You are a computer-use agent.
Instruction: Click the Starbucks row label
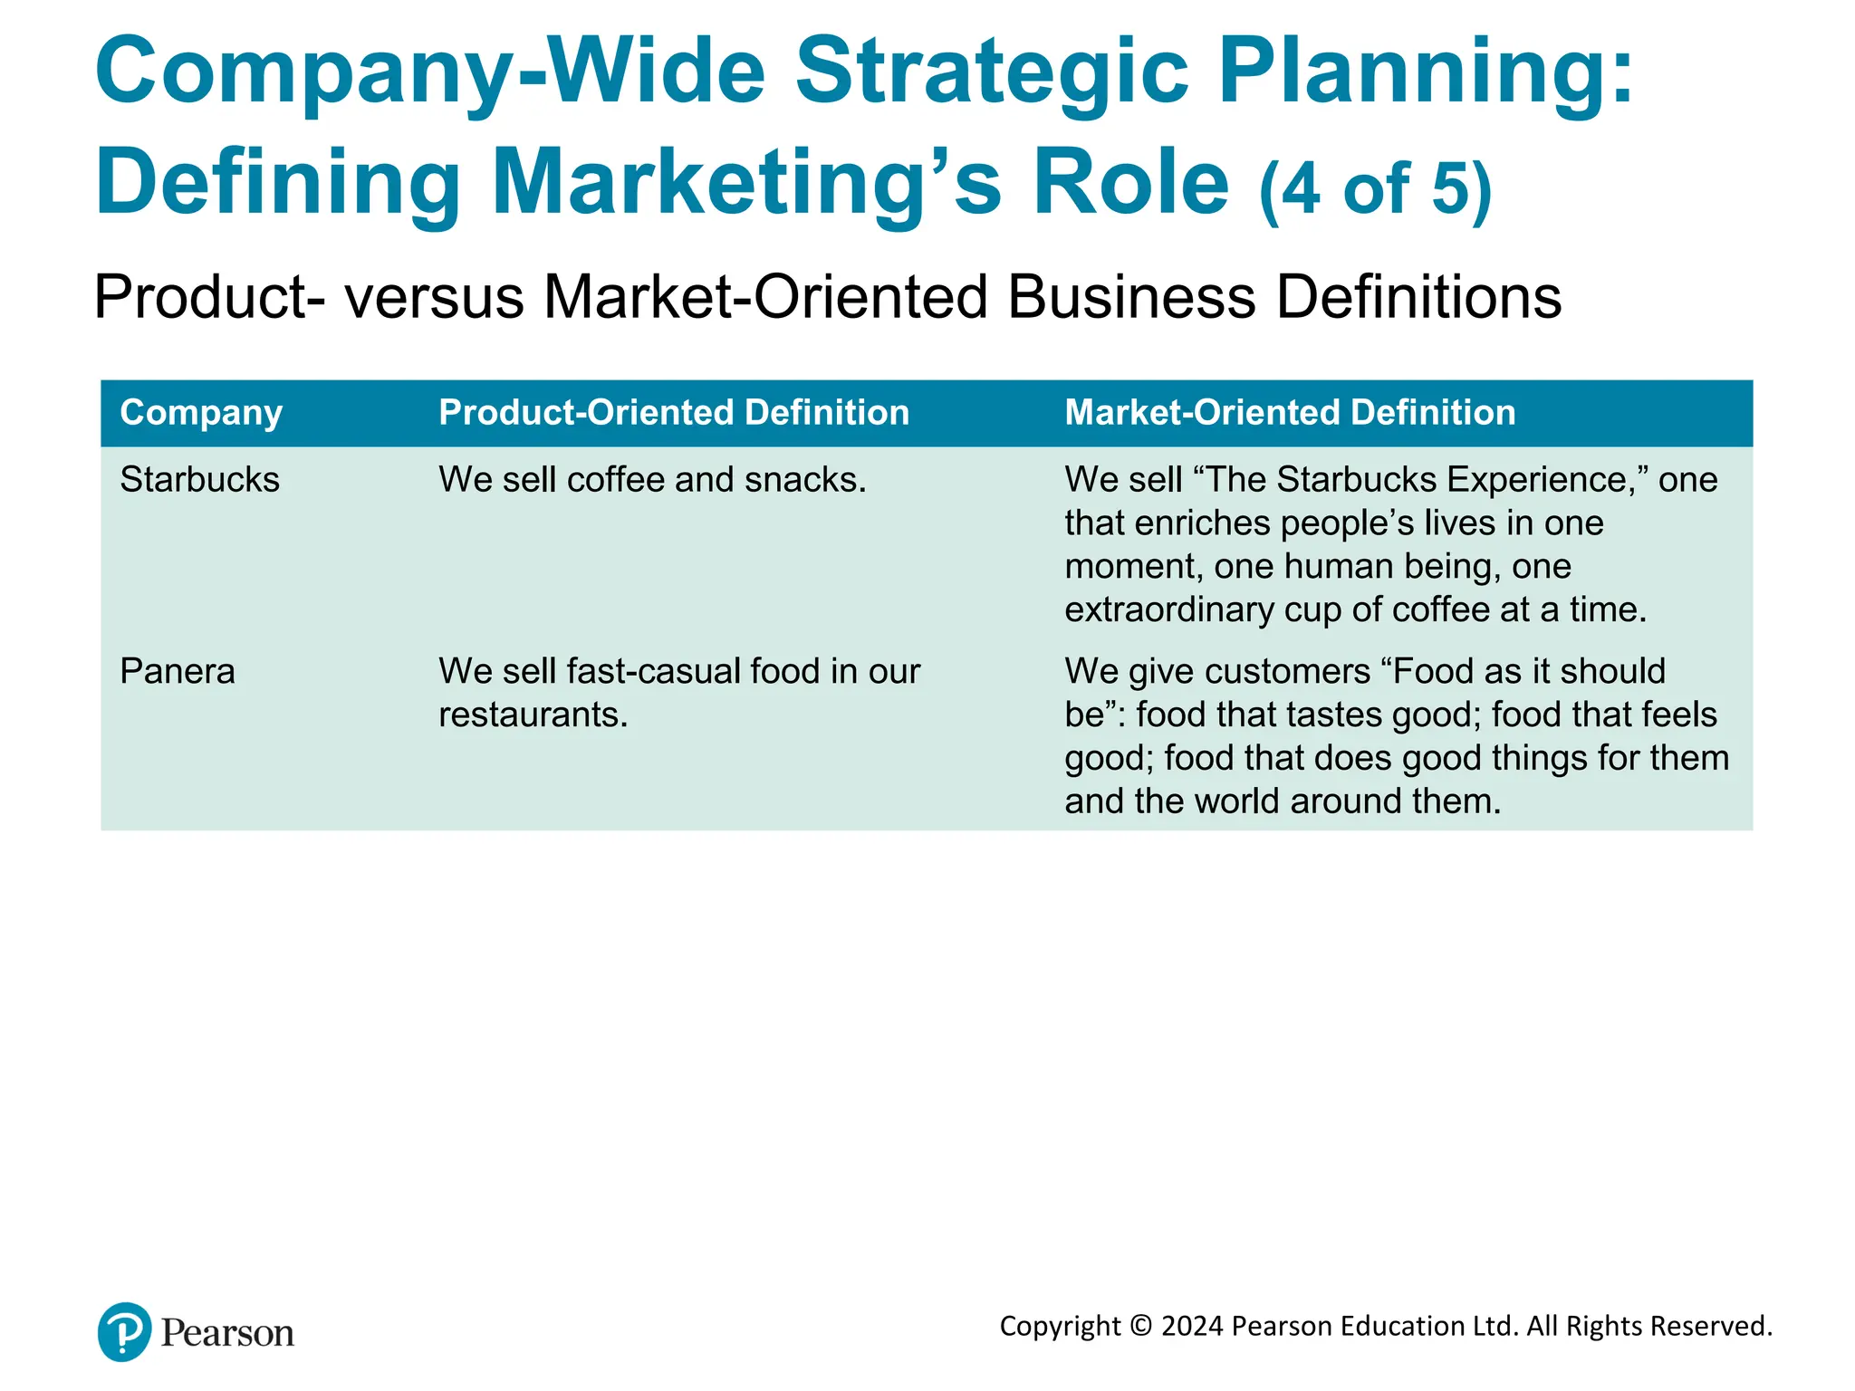[x=199, y=480]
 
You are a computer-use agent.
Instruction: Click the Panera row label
[x=178, y=672]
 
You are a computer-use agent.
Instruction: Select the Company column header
[x=201, y=413]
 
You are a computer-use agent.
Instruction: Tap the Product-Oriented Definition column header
[x=674, y=413]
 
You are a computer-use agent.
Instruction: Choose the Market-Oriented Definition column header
[x=1290, y=413]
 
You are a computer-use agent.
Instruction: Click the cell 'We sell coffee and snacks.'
[x=652, y=480]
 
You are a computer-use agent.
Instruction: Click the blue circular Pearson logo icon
[x=124, y=1331]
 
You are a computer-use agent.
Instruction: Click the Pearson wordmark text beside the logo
[x=227, y=1334]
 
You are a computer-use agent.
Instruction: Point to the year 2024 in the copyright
[x=1193, y=1327]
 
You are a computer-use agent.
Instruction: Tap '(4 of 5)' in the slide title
[x=1375, y=188]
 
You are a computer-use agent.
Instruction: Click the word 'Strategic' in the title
[x=992, y=72]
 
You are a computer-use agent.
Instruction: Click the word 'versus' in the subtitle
[x=434, y=297]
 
